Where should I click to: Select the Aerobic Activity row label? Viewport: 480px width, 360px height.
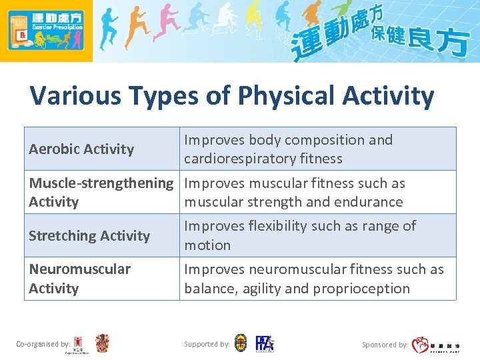81,149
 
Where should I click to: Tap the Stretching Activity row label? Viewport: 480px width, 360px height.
89,236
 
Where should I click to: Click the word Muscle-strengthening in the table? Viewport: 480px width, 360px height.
101,183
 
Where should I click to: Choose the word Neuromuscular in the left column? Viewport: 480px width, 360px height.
80,269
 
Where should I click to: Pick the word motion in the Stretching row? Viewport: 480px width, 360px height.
207,245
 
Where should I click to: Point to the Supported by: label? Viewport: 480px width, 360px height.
207,344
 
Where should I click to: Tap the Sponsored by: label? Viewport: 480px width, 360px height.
385,345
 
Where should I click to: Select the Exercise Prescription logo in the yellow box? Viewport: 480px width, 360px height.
46,31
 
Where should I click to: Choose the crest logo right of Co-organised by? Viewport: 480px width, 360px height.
102,343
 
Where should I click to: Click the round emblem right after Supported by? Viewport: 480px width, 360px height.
241,343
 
